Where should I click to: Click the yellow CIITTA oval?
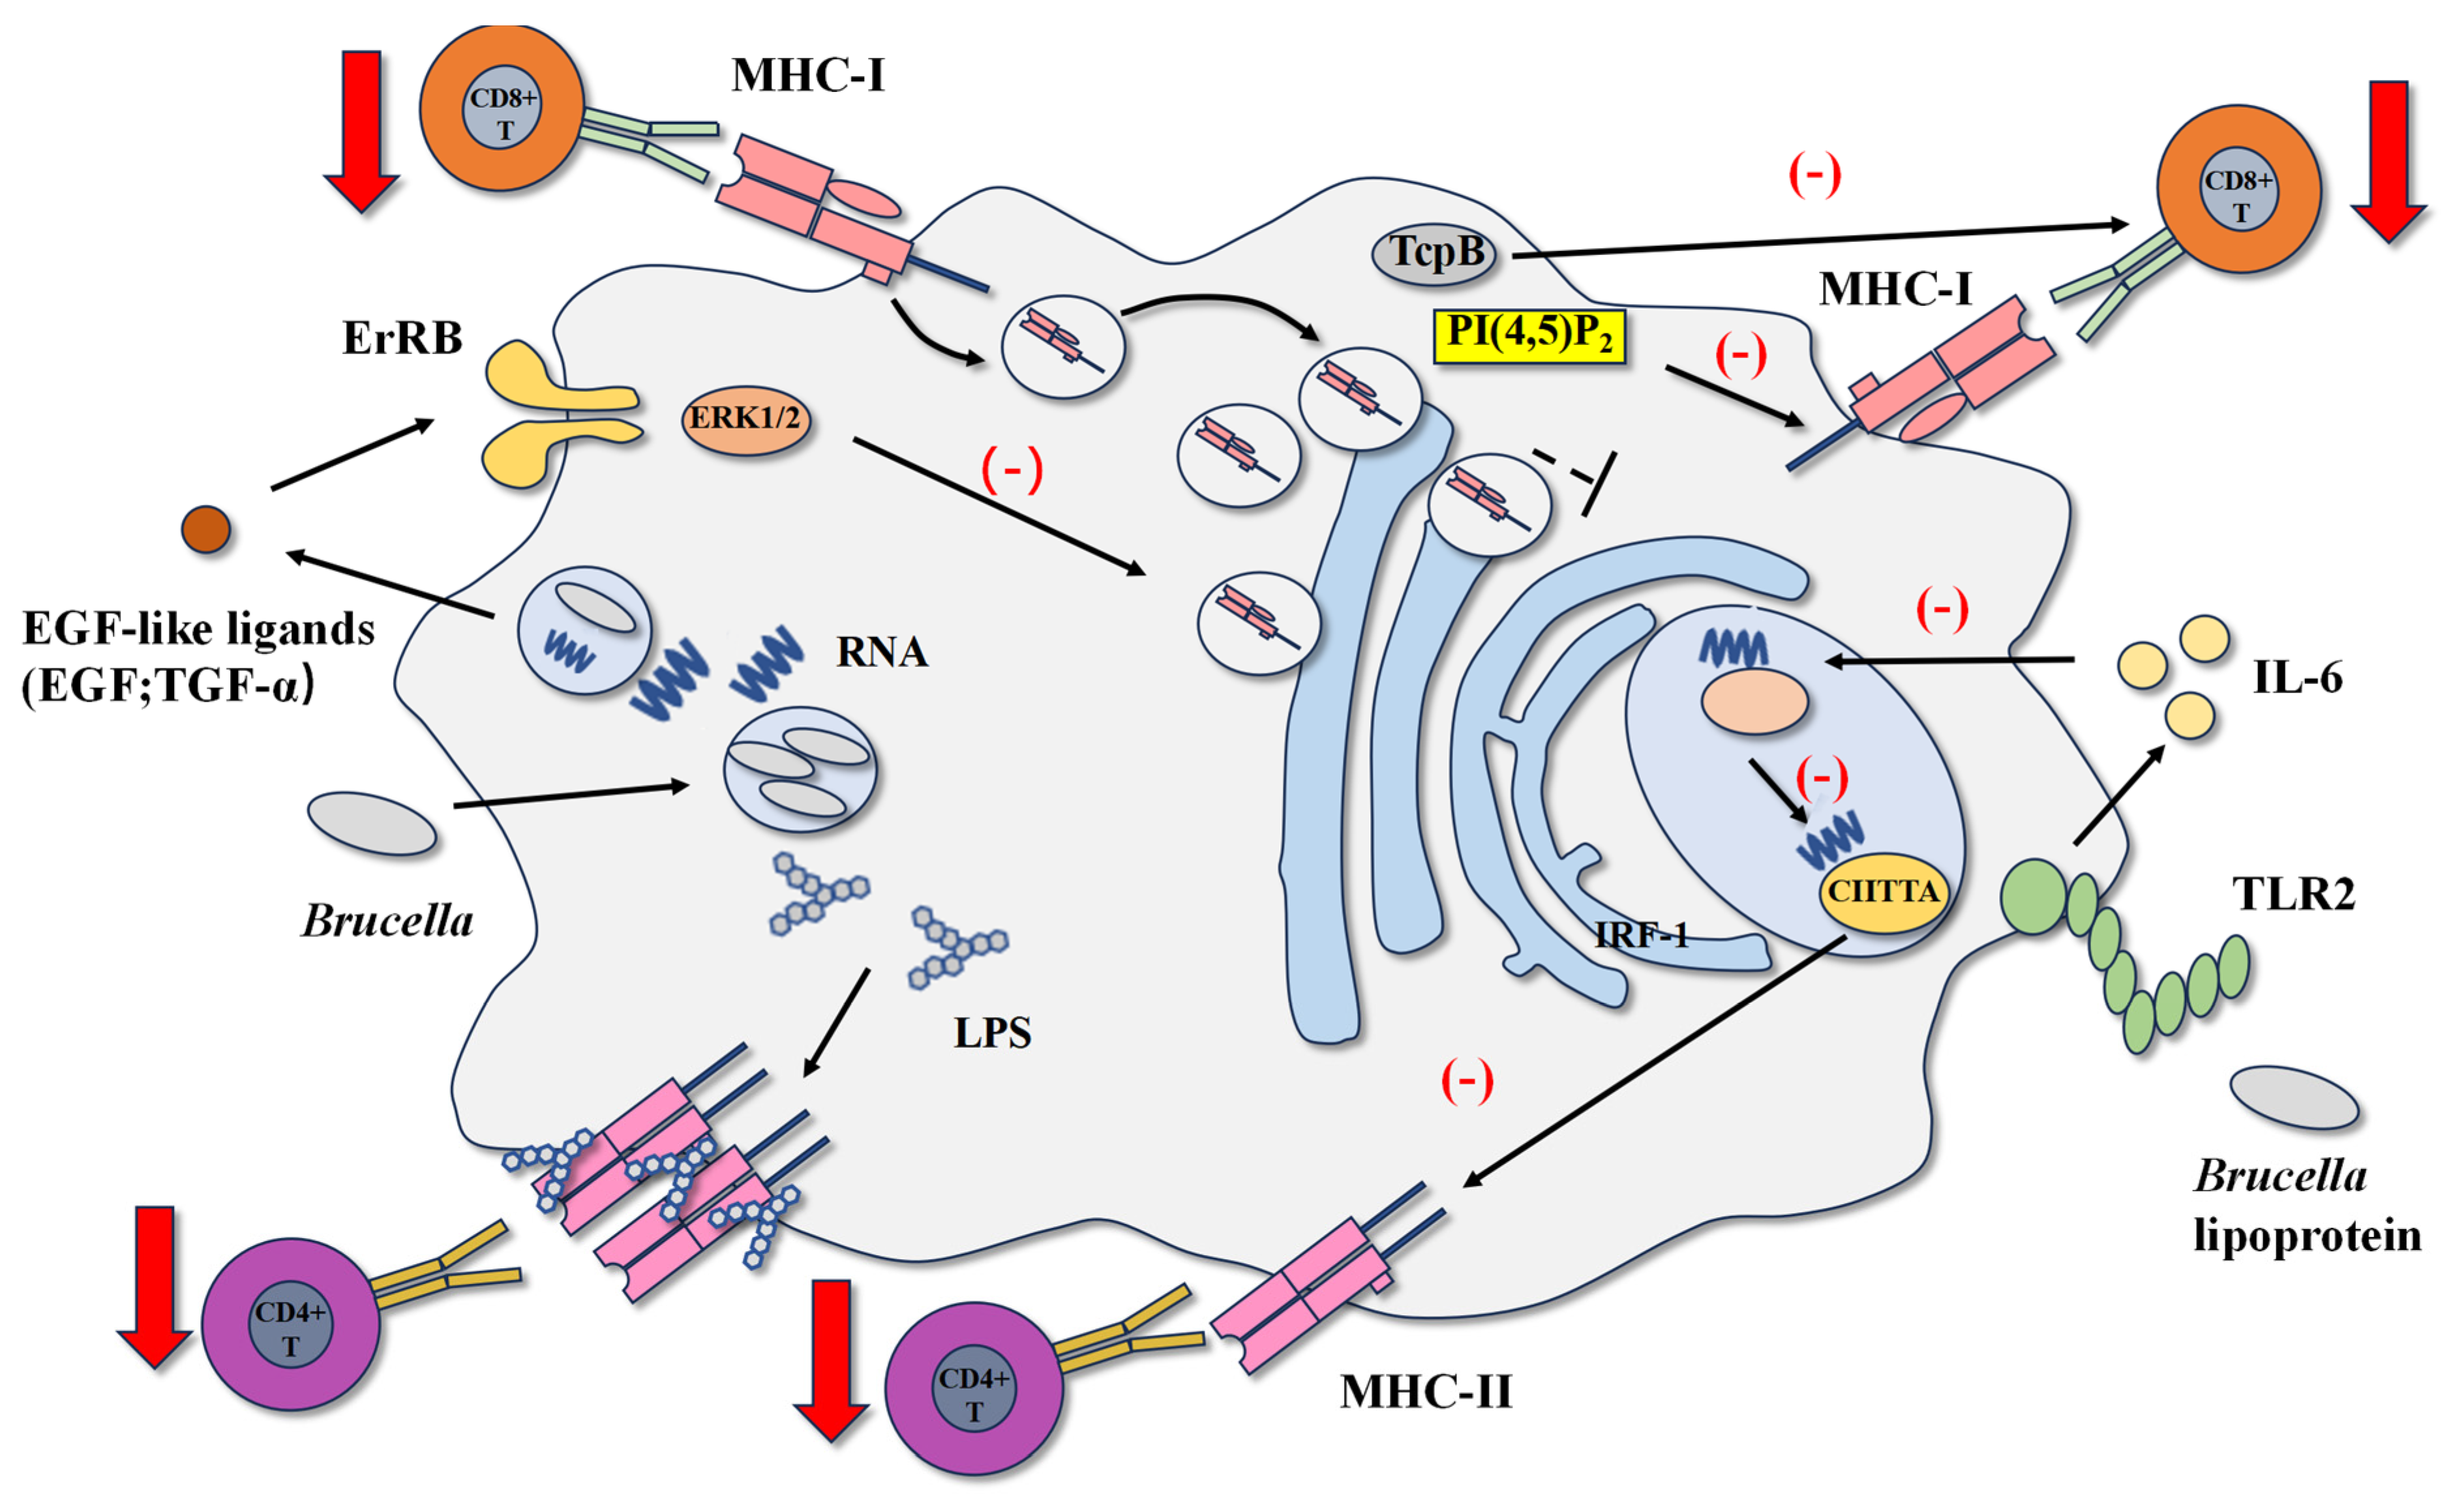1883,891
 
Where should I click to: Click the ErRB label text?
402,338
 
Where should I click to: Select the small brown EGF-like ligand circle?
206,529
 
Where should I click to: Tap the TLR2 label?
2294,893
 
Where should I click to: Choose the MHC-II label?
1426,1391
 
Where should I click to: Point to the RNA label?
881,653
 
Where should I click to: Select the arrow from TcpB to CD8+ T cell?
1820,240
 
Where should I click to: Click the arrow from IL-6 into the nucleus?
1949,659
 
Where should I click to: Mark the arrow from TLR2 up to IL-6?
2119,795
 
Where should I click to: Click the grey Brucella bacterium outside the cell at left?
372,824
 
